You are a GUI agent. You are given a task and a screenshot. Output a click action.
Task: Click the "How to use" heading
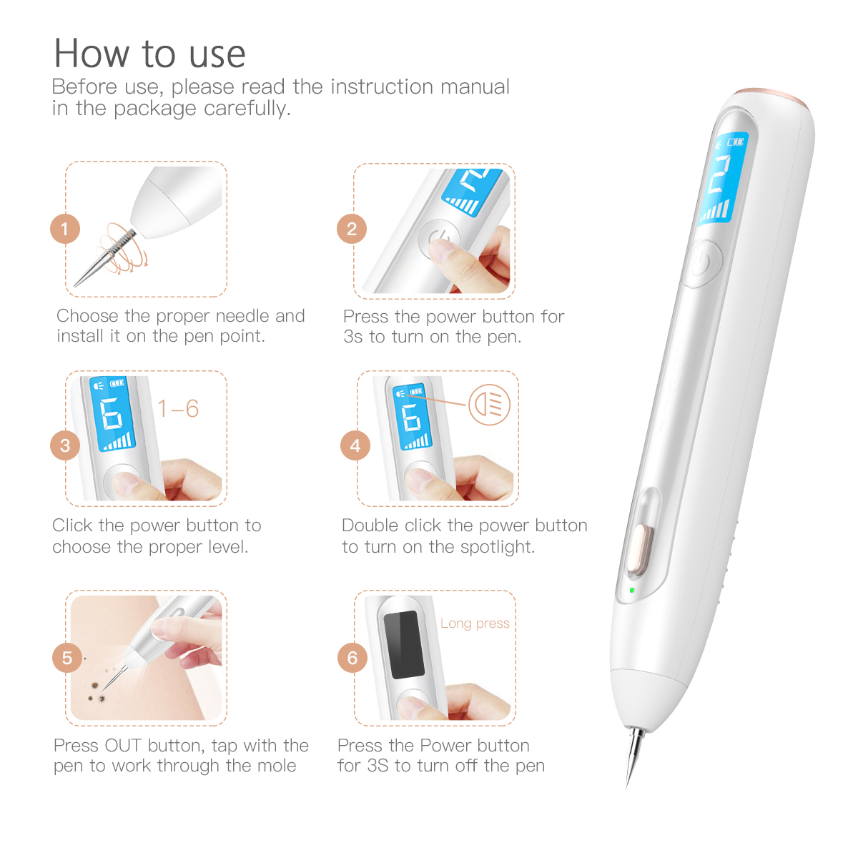point(150,54)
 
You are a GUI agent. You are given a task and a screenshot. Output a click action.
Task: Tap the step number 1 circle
point(65,229)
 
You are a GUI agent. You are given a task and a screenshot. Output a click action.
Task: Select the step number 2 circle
point(352,229)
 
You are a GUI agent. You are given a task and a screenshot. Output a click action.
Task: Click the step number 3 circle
point(65,445)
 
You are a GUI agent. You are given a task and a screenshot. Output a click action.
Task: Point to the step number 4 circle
point(355,445)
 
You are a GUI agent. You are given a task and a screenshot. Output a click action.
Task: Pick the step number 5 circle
point(67,658)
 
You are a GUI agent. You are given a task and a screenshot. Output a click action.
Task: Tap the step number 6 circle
point(352,658)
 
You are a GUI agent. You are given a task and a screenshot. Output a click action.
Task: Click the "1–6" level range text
point(178,409)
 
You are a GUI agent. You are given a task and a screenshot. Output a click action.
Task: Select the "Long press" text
point(475,623)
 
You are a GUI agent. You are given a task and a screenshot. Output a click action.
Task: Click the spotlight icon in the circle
point(489,405)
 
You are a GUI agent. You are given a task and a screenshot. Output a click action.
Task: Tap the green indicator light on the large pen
point(632,591)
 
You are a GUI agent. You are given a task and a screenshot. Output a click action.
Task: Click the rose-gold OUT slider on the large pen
point(637,549)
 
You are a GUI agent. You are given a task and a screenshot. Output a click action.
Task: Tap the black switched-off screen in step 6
point(404,644)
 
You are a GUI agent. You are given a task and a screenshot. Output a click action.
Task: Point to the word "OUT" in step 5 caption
point(123,746)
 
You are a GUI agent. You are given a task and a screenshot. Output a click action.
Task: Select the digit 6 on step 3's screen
point(112,414)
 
